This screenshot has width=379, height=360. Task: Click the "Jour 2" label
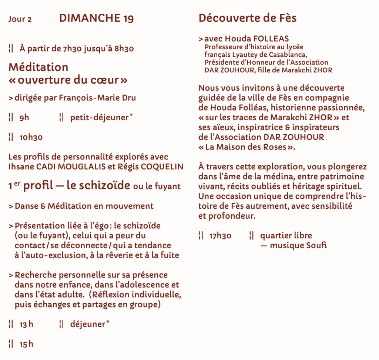pyautogui.click(x=20, y=19)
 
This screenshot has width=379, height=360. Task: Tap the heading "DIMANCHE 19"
pyautogui.click(x=96, y=18)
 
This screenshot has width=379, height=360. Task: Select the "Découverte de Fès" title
pyautogui.click(x=248, y=18)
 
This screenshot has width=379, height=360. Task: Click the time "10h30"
pyautogui.click(x=31, y=138)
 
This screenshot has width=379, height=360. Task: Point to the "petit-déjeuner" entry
pyautogui.click(x=99, y=118)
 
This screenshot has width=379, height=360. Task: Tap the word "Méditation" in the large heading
pyautogui.click(x=38, y=67)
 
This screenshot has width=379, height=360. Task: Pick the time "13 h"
pyautogui.click(x=26, y=324)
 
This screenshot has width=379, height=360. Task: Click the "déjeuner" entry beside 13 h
pyautogui.click(x=88, y=324)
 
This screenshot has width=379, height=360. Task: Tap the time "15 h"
pyautogui.click(x=26, y=344)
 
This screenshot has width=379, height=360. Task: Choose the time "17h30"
pyautogui.click(x=220, y=236)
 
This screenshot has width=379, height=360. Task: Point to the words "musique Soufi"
pyautogui.click(x=298, y=245)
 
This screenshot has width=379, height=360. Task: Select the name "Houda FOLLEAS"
pyautogui.click(x=257, y=39)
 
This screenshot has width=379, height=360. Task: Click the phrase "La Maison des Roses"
pyautogui.click(x=247, y=147)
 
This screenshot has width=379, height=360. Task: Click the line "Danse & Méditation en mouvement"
pyautogui.click(x=84, y=206)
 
